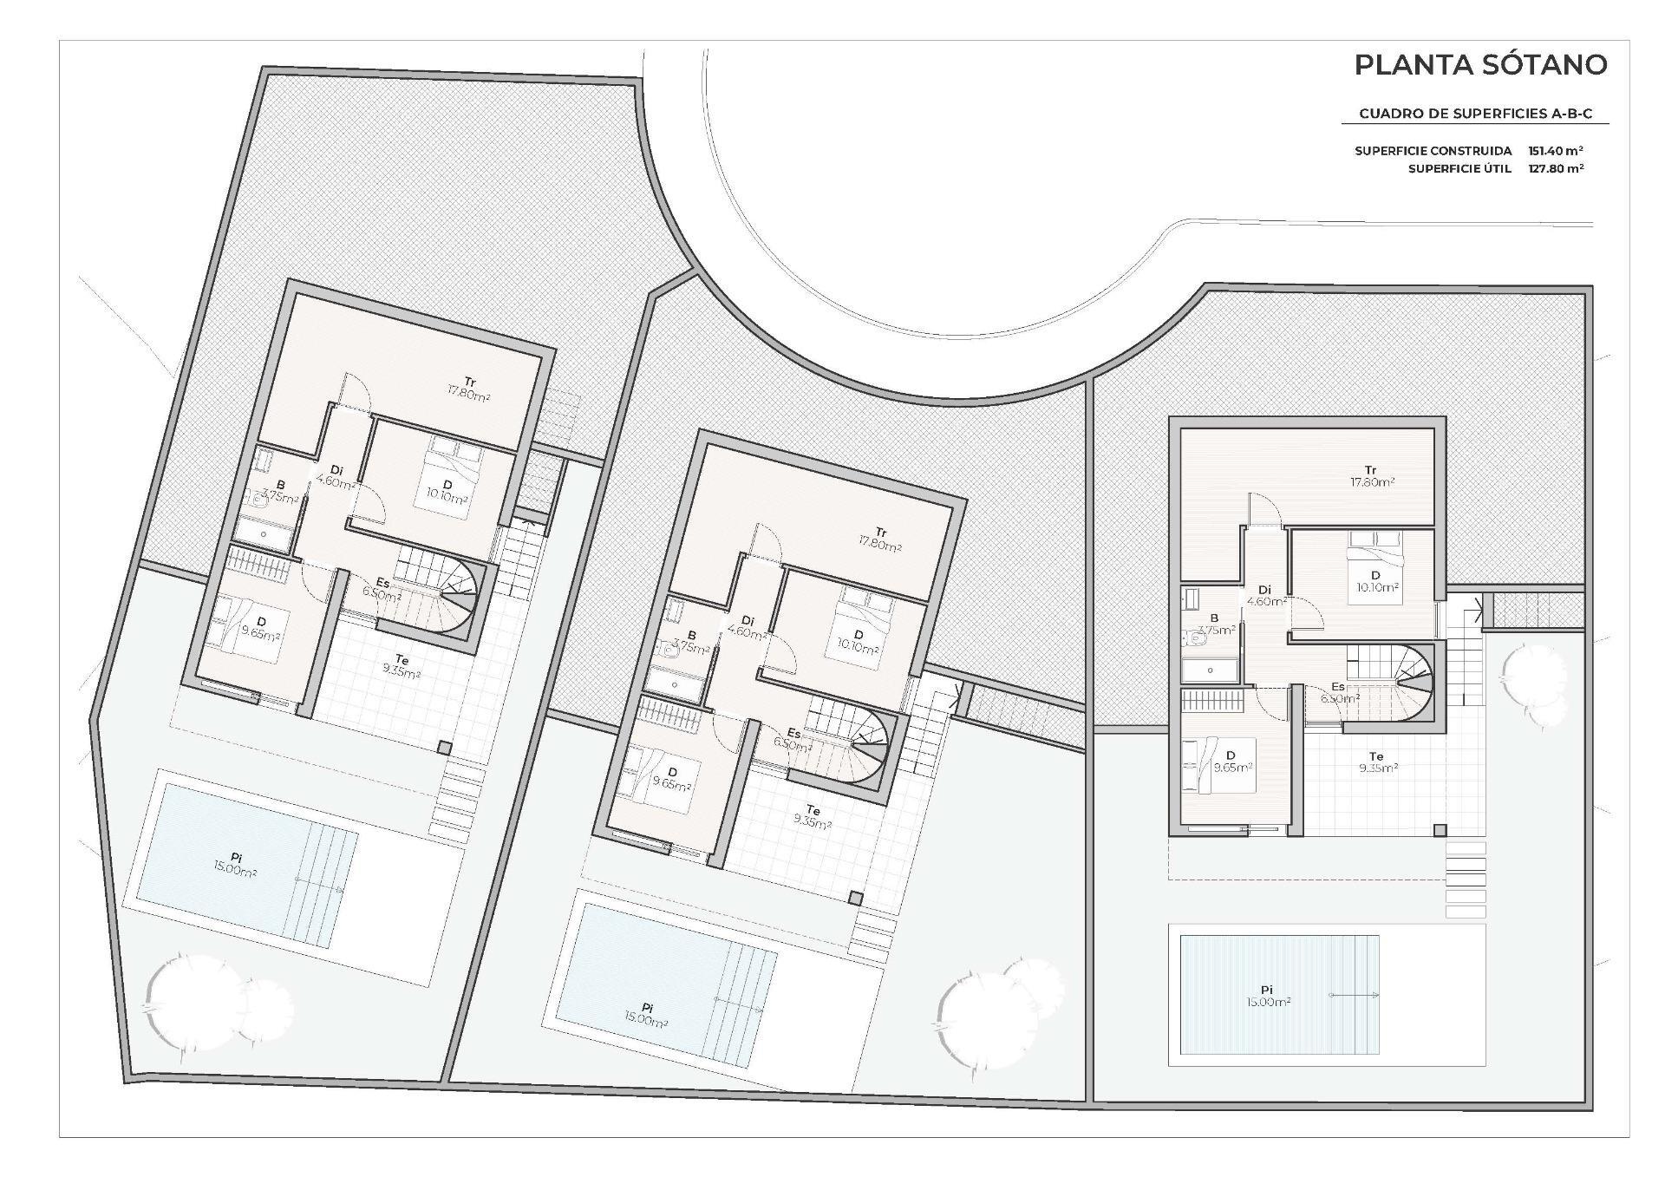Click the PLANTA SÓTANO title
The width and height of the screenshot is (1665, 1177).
(1480, 64)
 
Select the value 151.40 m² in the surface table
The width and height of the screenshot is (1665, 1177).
(1556, 151)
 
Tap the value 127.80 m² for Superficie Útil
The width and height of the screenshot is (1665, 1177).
(1556, 168)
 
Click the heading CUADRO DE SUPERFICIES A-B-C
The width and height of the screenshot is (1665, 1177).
(1475, 114)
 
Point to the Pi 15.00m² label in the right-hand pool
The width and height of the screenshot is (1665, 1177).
(1266, 995)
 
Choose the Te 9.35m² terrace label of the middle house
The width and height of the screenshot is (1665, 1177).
(812, 817)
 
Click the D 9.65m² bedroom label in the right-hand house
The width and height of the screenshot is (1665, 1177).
(1232, 761)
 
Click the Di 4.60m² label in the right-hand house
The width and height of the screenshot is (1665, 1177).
(1265, 595)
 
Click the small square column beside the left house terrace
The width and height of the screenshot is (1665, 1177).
(444, 748)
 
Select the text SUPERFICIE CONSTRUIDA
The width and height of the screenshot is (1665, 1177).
(1433, 151)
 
